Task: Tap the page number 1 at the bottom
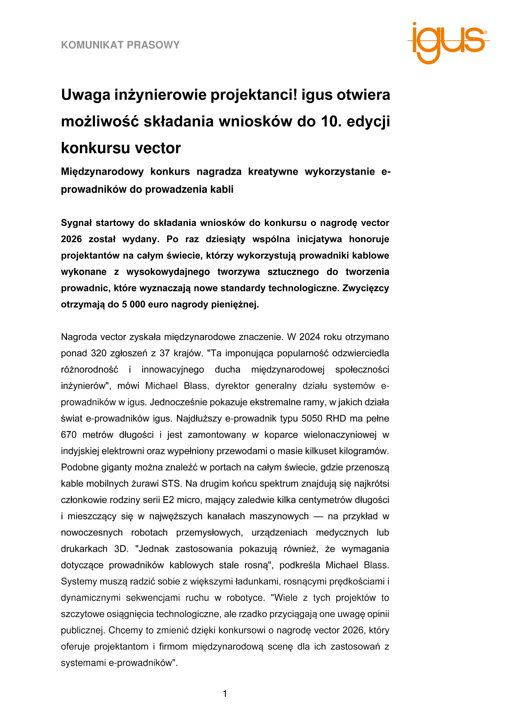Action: pos(225,694)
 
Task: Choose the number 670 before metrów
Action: pos(69,435)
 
